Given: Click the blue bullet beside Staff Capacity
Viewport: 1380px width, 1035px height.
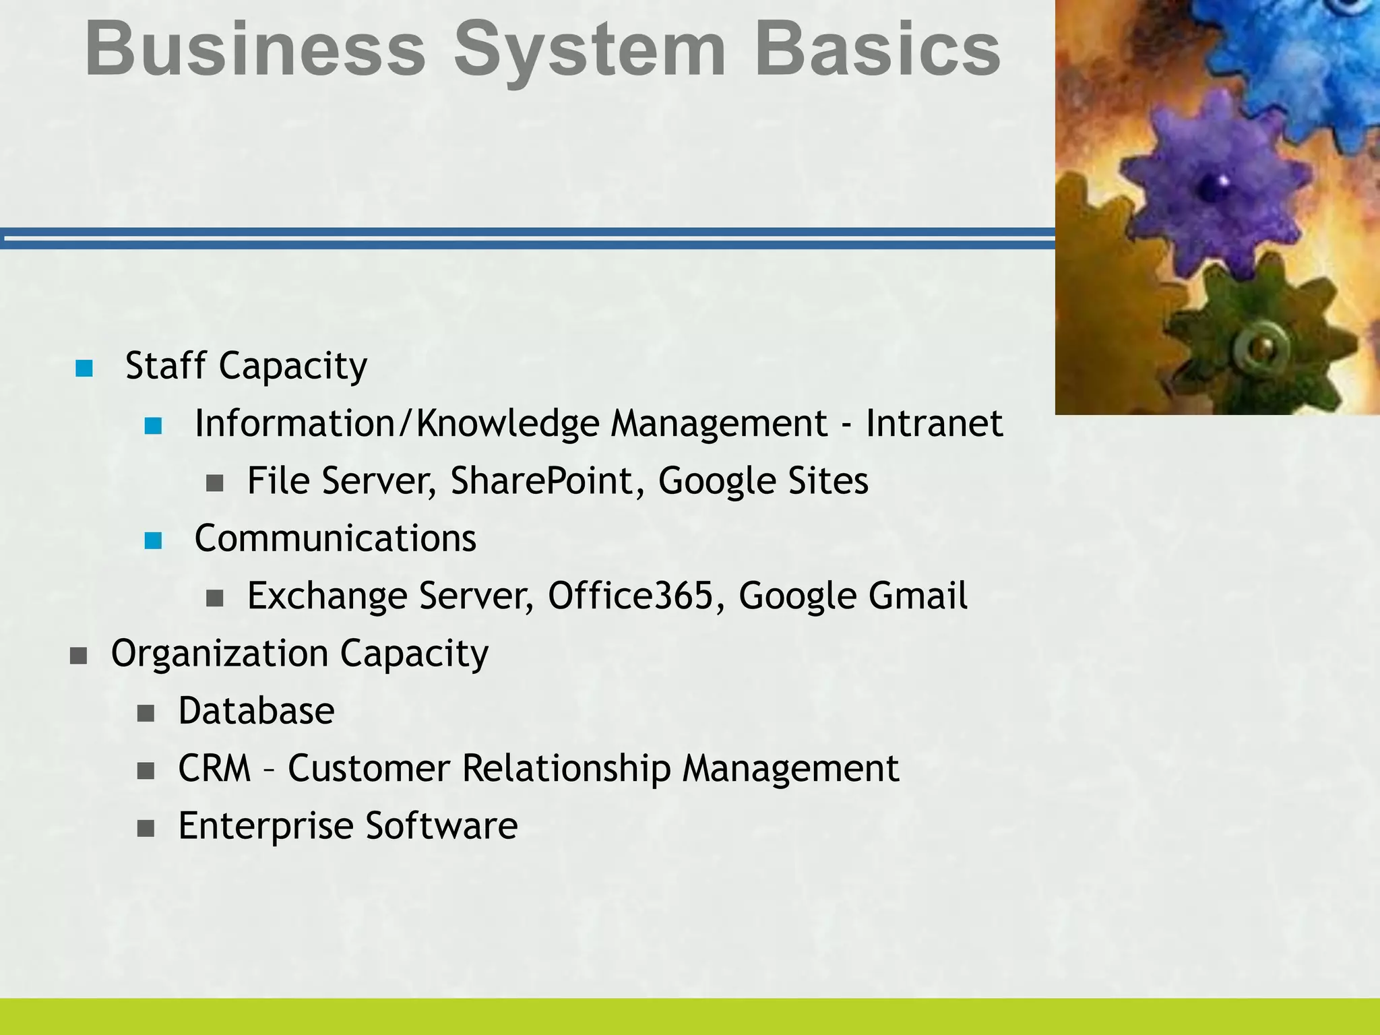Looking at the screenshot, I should [84, 368].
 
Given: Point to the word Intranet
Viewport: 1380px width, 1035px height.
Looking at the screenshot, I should [934, 423].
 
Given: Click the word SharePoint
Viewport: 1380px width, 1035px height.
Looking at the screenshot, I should [542, 481].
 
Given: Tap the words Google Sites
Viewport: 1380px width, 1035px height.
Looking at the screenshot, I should [763, 481].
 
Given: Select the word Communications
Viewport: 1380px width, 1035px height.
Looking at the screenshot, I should [335, 538].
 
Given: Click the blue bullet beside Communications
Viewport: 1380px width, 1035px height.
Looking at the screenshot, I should [154, 540].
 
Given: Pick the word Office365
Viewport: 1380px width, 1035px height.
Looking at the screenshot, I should [631, 596].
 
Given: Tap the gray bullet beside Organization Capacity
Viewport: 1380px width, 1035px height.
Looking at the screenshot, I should [79, 656].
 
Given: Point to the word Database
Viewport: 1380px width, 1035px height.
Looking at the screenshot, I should [256, 711].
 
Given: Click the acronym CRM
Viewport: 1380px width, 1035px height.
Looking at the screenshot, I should [214, 768].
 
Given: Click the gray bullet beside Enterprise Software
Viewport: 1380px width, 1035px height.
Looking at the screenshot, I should [146, 828].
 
